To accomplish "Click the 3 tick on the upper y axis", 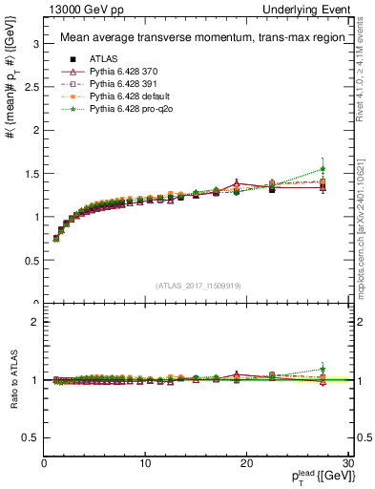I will [36, 44].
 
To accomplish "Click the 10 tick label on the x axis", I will [145, 463].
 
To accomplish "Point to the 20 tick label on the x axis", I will [246, 463].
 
